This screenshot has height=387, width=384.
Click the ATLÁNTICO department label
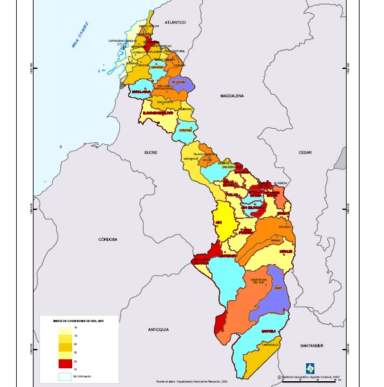click(x=175, y=22)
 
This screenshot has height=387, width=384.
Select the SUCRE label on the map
click(x=151, y=153)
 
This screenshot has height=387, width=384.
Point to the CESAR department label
click(x=305, y=152)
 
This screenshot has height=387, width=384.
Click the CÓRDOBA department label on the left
click(x=108, y=239)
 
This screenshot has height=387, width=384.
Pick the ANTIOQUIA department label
click(x=158, y=329)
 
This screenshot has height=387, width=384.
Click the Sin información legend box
click(x=66, y=376)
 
